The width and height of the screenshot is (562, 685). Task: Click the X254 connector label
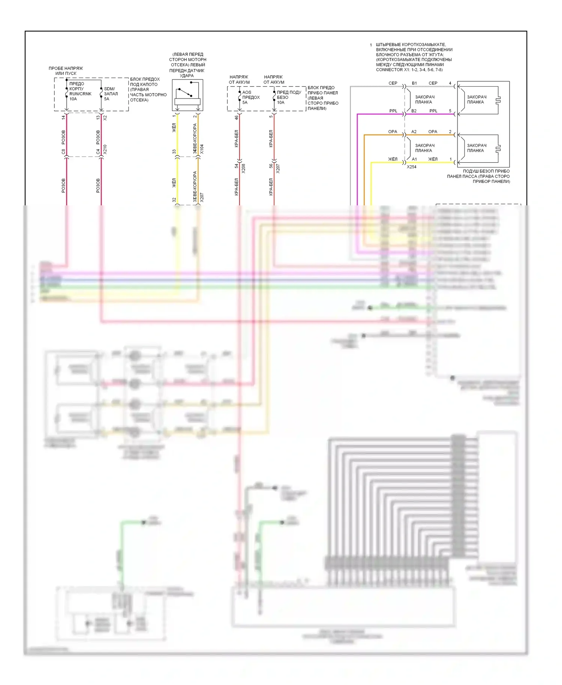411,167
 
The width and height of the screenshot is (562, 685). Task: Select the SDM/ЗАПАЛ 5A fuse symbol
101,93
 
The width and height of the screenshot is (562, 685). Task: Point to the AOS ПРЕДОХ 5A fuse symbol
239,97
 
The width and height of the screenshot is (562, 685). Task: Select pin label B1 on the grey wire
414,83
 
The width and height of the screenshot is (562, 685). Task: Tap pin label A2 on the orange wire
414,132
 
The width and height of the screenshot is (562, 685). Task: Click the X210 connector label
105,149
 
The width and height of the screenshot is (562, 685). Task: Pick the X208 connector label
244,168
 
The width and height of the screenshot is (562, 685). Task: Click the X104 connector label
202,149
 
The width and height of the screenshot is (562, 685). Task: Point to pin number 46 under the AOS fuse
236,118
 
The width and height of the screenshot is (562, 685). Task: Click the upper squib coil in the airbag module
498,100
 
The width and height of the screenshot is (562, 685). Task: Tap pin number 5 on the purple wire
450,111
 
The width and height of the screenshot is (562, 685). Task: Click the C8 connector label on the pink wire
63,152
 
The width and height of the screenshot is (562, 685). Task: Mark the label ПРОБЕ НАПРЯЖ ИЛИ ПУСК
66,71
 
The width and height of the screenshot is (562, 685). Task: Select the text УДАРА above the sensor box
187,76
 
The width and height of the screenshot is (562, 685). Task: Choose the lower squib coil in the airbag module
498,149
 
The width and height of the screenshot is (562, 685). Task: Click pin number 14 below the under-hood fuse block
63,117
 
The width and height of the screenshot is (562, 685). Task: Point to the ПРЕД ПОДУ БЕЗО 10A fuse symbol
274,97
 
